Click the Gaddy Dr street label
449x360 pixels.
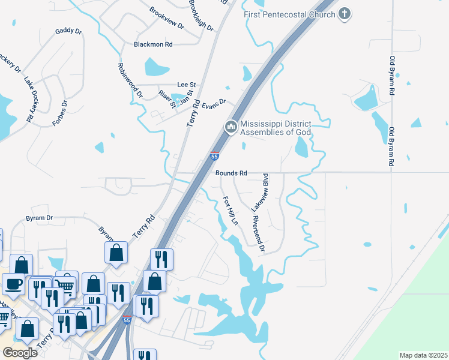[68, 31]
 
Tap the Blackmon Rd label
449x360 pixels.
[153, 44]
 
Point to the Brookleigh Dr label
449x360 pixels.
[201, 15]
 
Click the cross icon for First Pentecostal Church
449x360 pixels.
[345, 13]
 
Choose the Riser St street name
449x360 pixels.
[166, 99]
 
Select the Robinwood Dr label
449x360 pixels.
[130, 80]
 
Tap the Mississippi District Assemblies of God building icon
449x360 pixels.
[231, 127]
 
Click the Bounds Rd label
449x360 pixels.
[231, 173]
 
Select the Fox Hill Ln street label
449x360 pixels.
[231, 209]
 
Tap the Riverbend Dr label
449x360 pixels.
[259, 233]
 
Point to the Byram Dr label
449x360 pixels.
[39, 218]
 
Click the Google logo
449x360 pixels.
[19, 352]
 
